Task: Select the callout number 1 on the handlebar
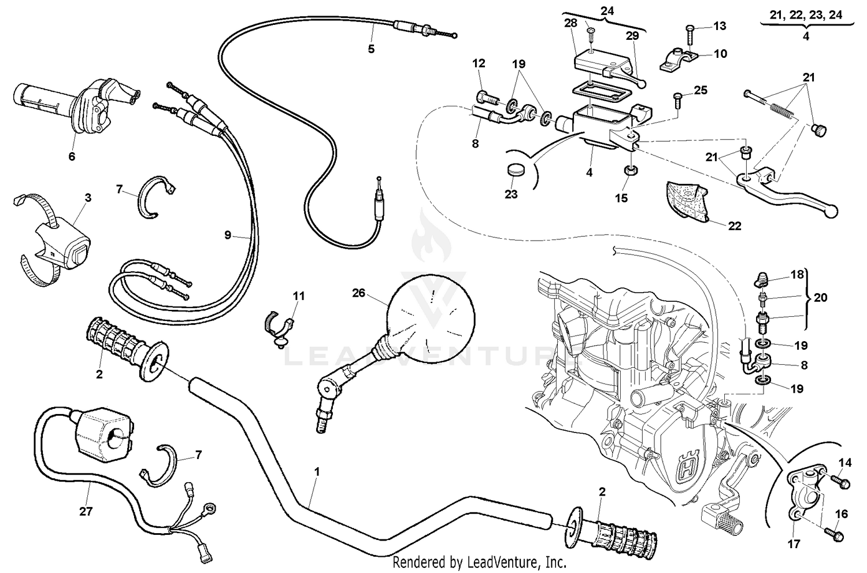click(316, 472)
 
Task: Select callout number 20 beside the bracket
click(820, 298)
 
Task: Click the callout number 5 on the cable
click(371, 49)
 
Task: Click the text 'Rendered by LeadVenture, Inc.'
click(479, 561)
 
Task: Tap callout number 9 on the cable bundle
click(228, 235)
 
